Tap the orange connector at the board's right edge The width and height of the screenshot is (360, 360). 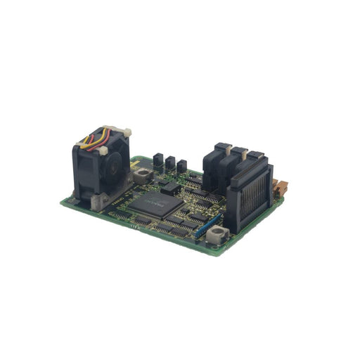[x=282, y=188]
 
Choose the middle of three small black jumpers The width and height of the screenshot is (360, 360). [x=170, y=163]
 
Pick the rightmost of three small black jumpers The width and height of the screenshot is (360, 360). [x=182, y=166]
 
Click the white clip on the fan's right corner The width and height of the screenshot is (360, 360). [x=126, y=132]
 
